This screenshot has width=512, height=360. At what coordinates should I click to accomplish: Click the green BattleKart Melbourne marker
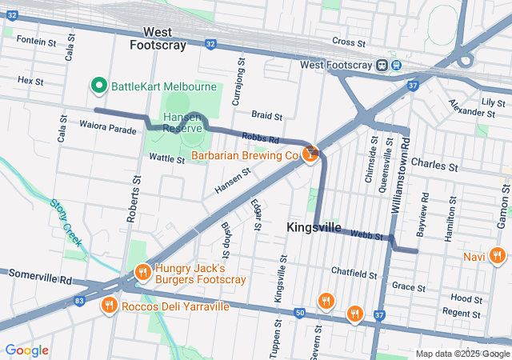point(100,85)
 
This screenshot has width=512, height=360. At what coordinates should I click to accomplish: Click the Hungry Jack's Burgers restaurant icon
point(142,273)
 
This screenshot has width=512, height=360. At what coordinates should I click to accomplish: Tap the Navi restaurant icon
point(497,257)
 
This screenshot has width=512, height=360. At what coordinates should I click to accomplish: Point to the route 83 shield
point(78,300)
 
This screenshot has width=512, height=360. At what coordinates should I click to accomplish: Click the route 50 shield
point(299,311)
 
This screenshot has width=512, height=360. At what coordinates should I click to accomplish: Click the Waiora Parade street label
point(108,126)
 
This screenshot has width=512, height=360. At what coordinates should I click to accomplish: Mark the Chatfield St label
point(354,274)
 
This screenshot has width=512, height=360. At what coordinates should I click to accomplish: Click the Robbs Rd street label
point(260,138)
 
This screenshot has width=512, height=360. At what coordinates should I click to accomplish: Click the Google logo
point(26,350)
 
